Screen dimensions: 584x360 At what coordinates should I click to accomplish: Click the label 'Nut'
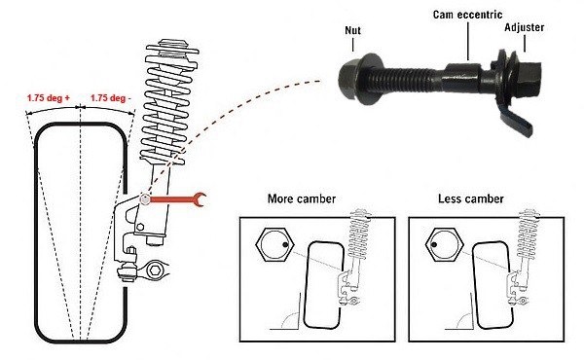point(352,30)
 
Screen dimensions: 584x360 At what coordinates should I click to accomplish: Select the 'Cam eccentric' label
point(467,15)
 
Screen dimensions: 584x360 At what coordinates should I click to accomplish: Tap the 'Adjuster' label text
point(524,27)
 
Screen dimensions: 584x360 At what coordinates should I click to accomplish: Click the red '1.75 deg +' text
point(48,98)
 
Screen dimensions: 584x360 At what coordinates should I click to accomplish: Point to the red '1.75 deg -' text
point(111,98)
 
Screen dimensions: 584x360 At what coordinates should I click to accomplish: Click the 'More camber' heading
point(302,198)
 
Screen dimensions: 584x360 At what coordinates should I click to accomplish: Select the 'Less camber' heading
point(471,198)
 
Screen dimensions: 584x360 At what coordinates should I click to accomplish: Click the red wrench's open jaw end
point(200,199)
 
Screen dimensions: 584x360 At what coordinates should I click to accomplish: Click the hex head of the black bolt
point(528,78)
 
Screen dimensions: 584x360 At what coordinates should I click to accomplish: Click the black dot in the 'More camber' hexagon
point(285,245)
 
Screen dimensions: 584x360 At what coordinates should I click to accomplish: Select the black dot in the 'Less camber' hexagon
point(434,245)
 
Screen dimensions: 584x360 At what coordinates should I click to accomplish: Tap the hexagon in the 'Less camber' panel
point(444,245)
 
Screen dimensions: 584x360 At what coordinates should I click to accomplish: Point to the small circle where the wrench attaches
point(145,199)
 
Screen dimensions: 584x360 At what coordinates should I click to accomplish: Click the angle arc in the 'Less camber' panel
point(461,318)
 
